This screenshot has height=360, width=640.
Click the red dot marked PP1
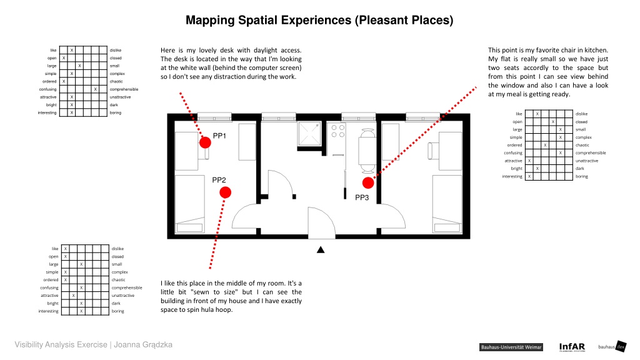pos(205,142)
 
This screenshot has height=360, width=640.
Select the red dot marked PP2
pos(225,192)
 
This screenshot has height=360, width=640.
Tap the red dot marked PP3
pos(368,183)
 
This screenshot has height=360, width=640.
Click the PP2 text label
pos(219,180)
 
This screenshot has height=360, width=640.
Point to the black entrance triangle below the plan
pos(321,250)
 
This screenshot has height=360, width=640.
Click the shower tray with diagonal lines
pos(309,134)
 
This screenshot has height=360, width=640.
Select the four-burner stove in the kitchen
pos(338,131)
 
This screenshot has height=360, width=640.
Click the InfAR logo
pos(572,347)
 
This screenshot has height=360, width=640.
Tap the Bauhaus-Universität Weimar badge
pos(511,347)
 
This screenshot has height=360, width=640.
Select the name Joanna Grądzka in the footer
pos(143,345)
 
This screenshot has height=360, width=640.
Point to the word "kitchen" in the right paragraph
pos(596,50)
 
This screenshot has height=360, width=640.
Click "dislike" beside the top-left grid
pos(116,50)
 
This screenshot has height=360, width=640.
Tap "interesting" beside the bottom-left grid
pos(48,311)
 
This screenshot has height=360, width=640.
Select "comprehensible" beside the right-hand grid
pos(591,153)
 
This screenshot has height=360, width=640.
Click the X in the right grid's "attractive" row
pos(529,161)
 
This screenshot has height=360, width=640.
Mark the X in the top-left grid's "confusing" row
pos(95,89)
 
